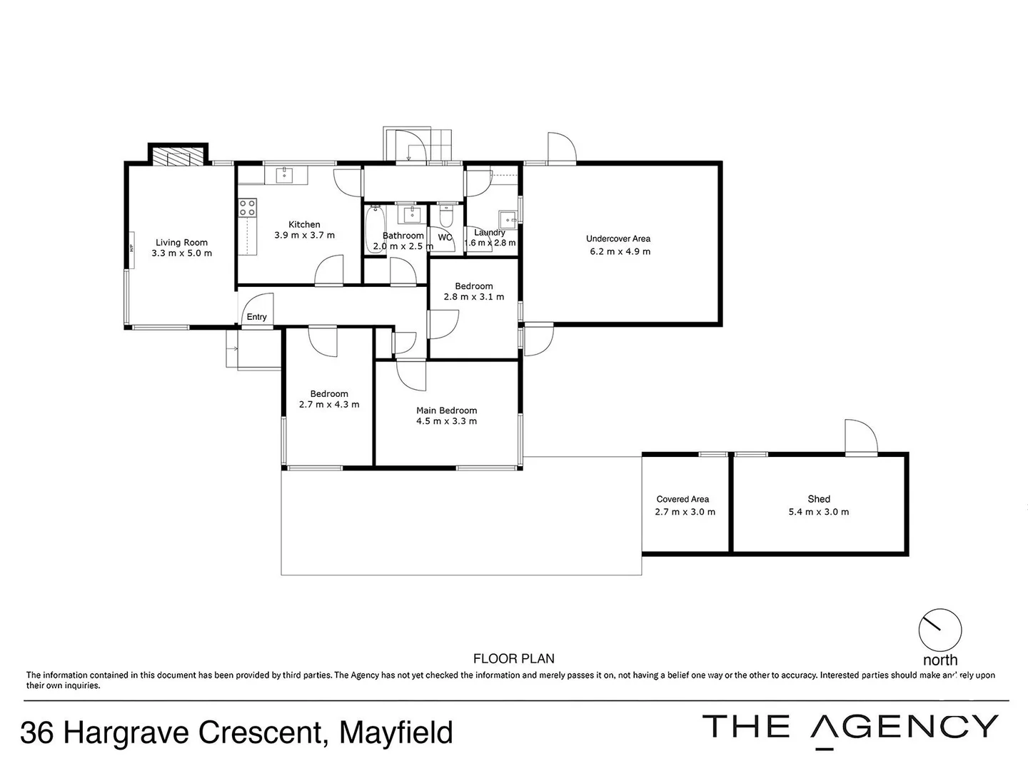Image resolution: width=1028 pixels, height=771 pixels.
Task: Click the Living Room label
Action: [181, 243]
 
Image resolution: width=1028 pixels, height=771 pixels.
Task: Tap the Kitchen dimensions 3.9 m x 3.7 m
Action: [304, 235]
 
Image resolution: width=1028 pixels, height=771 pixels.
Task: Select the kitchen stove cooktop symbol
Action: [248, 208]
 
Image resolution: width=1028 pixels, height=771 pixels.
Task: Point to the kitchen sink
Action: [284, 174]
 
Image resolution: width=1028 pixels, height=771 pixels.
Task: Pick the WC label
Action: [445, 237]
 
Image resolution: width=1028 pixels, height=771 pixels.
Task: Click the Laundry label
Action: [490, 232]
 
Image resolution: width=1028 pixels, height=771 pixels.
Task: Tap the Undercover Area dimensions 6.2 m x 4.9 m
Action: [620, 251]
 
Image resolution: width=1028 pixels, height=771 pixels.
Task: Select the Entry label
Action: [256, 317]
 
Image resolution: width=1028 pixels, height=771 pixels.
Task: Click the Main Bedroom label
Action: [447, 410]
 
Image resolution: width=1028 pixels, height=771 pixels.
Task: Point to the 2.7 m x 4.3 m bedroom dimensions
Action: [329, 405]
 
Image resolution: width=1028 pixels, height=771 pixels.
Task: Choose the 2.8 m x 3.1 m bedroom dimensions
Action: [474, 297]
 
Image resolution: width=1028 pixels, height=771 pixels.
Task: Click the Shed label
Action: [819, 499]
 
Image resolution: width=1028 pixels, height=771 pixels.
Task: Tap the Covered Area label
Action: [682, 499]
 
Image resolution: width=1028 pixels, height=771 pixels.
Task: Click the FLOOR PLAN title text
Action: [514, 659]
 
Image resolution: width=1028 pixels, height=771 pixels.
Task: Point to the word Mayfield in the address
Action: [396, 733]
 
